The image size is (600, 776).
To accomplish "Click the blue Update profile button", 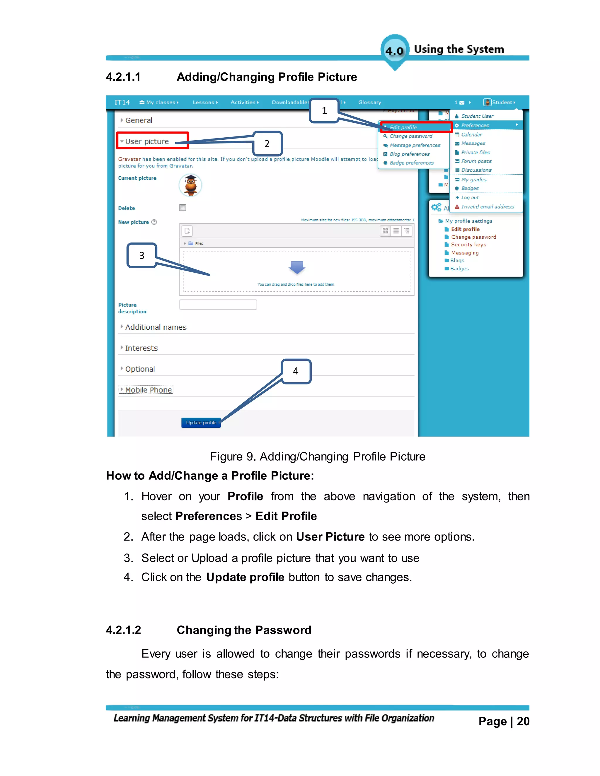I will (x=201, y=423).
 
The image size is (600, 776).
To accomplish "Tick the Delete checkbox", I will (x=183, y=208).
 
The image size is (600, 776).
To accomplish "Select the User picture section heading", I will (x=147, y=141).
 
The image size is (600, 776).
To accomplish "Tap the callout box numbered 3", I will (x=142, y=255).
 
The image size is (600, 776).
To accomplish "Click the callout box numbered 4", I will (x=296, y=371).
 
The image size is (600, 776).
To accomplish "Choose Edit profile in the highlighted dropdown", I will (x=403, y=127).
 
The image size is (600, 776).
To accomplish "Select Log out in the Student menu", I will (x=470, y=198).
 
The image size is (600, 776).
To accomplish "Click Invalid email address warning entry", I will (x=487, y=207).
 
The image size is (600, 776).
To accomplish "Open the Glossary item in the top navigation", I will (x=369, y=102).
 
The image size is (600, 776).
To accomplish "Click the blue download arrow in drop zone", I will (x=297, y=267).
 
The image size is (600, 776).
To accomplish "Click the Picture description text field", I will (x=218, y=305).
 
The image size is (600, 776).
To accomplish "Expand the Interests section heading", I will (x=141, y=348).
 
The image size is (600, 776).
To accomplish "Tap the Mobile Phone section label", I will (x=148, y=390).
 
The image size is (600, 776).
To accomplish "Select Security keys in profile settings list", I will (x=468, y=245).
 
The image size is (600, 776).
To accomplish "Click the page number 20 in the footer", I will (x=523, y=721).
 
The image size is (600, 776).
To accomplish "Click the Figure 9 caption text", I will (x=317, y=457).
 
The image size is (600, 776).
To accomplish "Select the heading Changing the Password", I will (x=244, y=630).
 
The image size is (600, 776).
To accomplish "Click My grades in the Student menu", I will (x=473, y=180).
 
